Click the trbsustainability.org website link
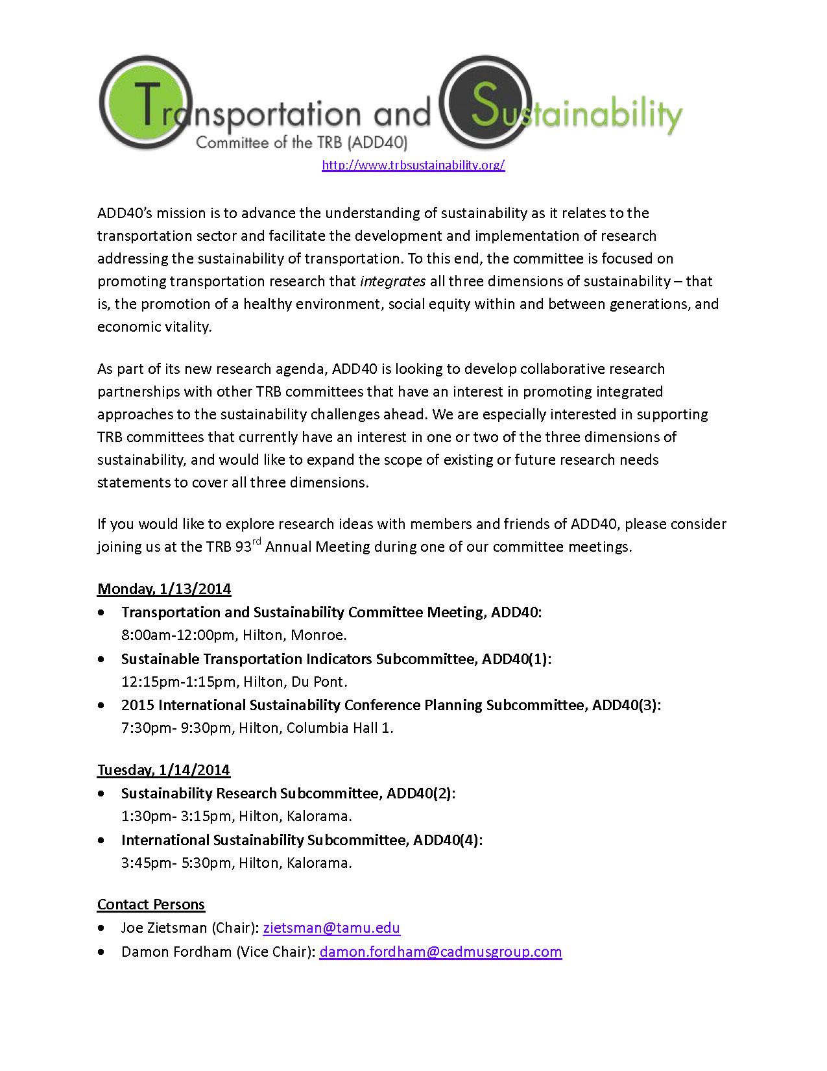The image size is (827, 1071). click(x=413, y=165)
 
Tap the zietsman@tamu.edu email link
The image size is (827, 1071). click(x=331, y=928)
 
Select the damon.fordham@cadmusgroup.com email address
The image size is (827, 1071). click(x=440, y=952)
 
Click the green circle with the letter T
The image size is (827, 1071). click(x=145, y=102)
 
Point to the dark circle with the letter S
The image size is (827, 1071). click(x=485, y=102)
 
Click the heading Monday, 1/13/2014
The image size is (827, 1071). click(x=164, y=589)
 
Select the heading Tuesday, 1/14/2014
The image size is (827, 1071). click(x=163, y=770)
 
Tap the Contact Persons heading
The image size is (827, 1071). click(x=151, y=904)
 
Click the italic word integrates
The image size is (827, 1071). click(x=392, y=281)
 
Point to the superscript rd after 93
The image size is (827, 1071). click(x=257, y=542)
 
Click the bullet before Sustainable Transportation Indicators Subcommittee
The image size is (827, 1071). click(x=101, y=659)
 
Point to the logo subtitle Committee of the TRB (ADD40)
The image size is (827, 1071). click(x=302, y=142)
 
